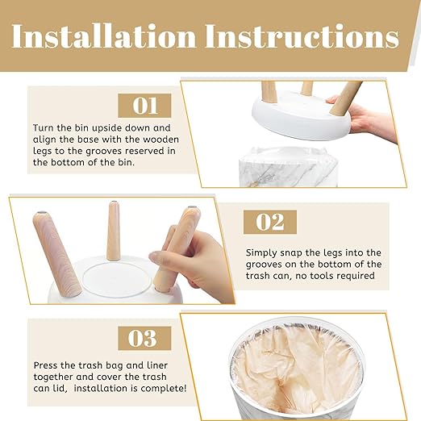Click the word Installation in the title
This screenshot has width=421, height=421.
coord(104,36)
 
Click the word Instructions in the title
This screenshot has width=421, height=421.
coord(302,36)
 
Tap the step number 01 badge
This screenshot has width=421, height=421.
coord(144,106)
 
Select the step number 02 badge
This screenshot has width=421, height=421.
coord(270,222)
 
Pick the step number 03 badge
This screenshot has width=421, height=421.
coord(144,338)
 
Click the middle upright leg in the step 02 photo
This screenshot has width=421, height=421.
coord(113,231)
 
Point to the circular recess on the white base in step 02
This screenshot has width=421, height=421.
coord(116,280)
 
